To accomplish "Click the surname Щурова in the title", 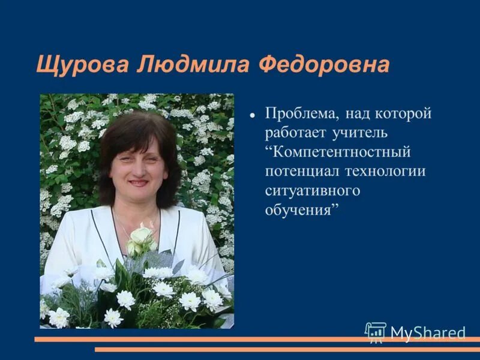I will coord(83,64).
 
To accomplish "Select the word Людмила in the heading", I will coord(194,64).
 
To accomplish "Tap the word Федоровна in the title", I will coord(323,64).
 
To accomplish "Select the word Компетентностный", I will coord(341,152).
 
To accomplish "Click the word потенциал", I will coord(302,172).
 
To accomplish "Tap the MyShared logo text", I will coord(428,332).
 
